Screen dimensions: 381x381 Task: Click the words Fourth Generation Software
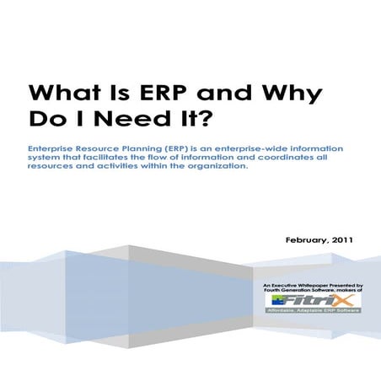click(302, 292)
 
